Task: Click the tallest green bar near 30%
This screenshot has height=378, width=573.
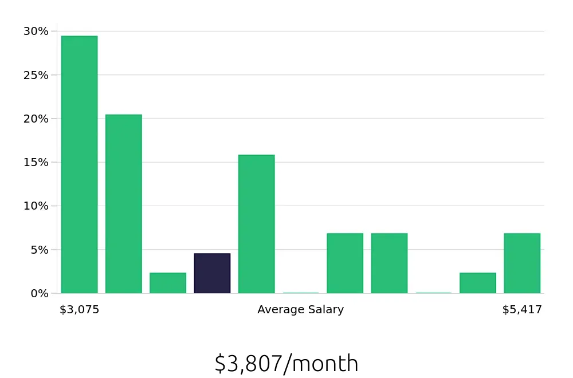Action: [79, 165]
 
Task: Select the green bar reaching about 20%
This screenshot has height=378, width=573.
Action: [123, 204]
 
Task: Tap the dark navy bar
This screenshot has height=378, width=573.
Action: [212, 273]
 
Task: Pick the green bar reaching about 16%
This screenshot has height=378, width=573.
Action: [256, 224]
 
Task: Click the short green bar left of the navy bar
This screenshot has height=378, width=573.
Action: [168, 283]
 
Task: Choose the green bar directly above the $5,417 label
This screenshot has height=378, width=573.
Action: [522, 263]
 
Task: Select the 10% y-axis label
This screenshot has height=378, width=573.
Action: [36, 206]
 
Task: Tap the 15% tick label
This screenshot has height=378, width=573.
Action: [36, 162]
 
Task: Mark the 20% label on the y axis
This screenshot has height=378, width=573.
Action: [36, 119]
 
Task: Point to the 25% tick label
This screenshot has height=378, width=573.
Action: [36, 75]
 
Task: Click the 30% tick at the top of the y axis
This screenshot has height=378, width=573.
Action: [36, 31]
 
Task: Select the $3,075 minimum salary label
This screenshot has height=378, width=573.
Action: [80, 310]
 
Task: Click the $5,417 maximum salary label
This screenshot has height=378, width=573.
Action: [522, 310]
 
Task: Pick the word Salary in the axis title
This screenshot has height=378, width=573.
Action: [326, 310]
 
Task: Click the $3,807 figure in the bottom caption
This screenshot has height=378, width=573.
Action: [248, 364]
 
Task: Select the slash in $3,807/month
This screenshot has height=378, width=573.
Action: [287, 364]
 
